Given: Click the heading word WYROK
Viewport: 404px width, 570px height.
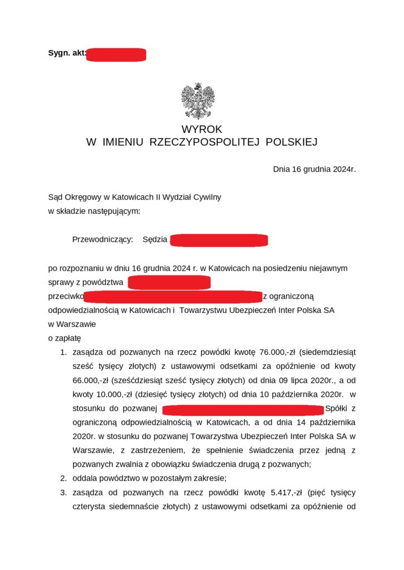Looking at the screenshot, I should point(201,129).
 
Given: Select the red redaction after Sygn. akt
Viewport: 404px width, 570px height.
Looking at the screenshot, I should point(116,54).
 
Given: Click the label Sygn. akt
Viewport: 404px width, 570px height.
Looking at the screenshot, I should point(67,53).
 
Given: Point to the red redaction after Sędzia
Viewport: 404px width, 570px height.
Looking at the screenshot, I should point(219,240).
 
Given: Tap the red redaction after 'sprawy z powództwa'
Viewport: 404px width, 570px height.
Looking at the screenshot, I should point(169,282).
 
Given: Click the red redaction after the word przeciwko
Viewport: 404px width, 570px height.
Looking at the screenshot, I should point(173,296).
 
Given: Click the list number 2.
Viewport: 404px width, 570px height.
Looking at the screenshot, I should point(64,478).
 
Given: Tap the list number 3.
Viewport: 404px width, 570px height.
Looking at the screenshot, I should point(64,493).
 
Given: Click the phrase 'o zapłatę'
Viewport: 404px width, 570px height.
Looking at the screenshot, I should point(65,338).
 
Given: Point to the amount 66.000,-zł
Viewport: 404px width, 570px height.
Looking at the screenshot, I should point(90,381).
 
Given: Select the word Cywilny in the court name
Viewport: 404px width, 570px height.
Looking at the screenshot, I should point(207,197).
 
